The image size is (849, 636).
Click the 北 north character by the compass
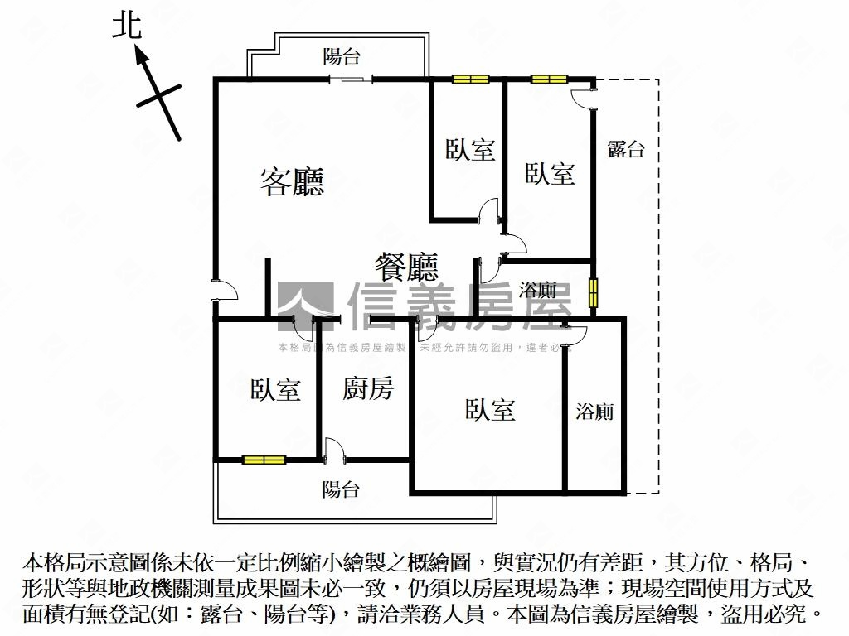(x=127, y=26)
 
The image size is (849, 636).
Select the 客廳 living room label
(x=292, y=181)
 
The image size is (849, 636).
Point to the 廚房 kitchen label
(x=368, y=388)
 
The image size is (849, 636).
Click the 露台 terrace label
(x=626, y=150)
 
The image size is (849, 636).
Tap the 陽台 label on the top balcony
(x=342, y=56)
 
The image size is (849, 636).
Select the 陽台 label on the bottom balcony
(x=341, y=489)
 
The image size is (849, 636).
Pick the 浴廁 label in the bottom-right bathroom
(x=595, y=412)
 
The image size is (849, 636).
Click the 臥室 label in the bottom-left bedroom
(x=275, y=389)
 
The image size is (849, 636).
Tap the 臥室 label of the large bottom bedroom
(x=490, y=409)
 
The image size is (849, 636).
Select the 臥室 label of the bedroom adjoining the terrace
(x=550, y=174)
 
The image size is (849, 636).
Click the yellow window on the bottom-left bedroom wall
(x=264, y=459)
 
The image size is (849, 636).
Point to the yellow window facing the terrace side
(x=594, y=292)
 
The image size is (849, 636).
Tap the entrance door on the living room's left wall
(x=224, y=290)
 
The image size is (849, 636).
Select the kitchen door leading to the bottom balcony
(x=334, y=450)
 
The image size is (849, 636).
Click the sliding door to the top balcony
(x=350, y=79)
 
